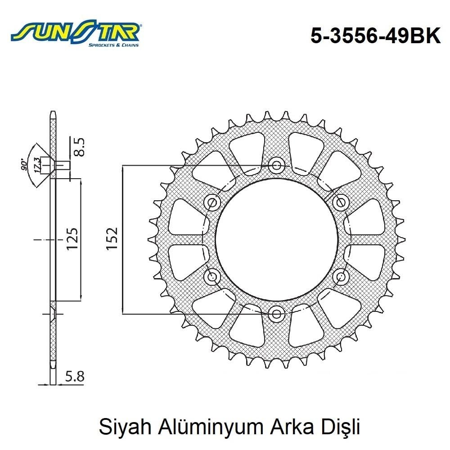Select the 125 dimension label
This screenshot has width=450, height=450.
pos(72,238)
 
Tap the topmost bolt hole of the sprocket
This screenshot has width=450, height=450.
pos(276,165)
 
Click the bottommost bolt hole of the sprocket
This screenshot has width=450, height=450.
pos(276,314)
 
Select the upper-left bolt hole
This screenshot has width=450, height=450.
pos(212,202)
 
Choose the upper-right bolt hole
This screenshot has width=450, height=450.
pos(341,202)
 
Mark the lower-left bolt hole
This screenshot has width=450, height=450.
pos(212,276)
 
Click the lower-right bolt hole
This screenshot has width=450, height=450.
pos(341,276)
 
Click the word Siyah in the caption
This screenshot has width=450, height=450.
pos(118,427)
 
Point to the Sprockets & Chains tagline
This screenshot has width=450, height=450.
pos(113,45)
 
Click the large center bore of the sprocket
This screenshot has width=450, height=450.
pos(276,239)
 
